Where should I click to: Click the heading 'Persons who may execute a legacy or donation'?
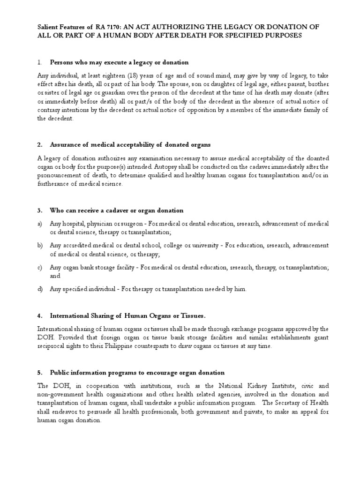[x=119, y=62]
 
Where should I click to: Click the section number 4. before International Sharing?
[x=40, y=315]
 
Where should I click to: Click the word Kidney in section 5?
[x=254, y=386]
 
